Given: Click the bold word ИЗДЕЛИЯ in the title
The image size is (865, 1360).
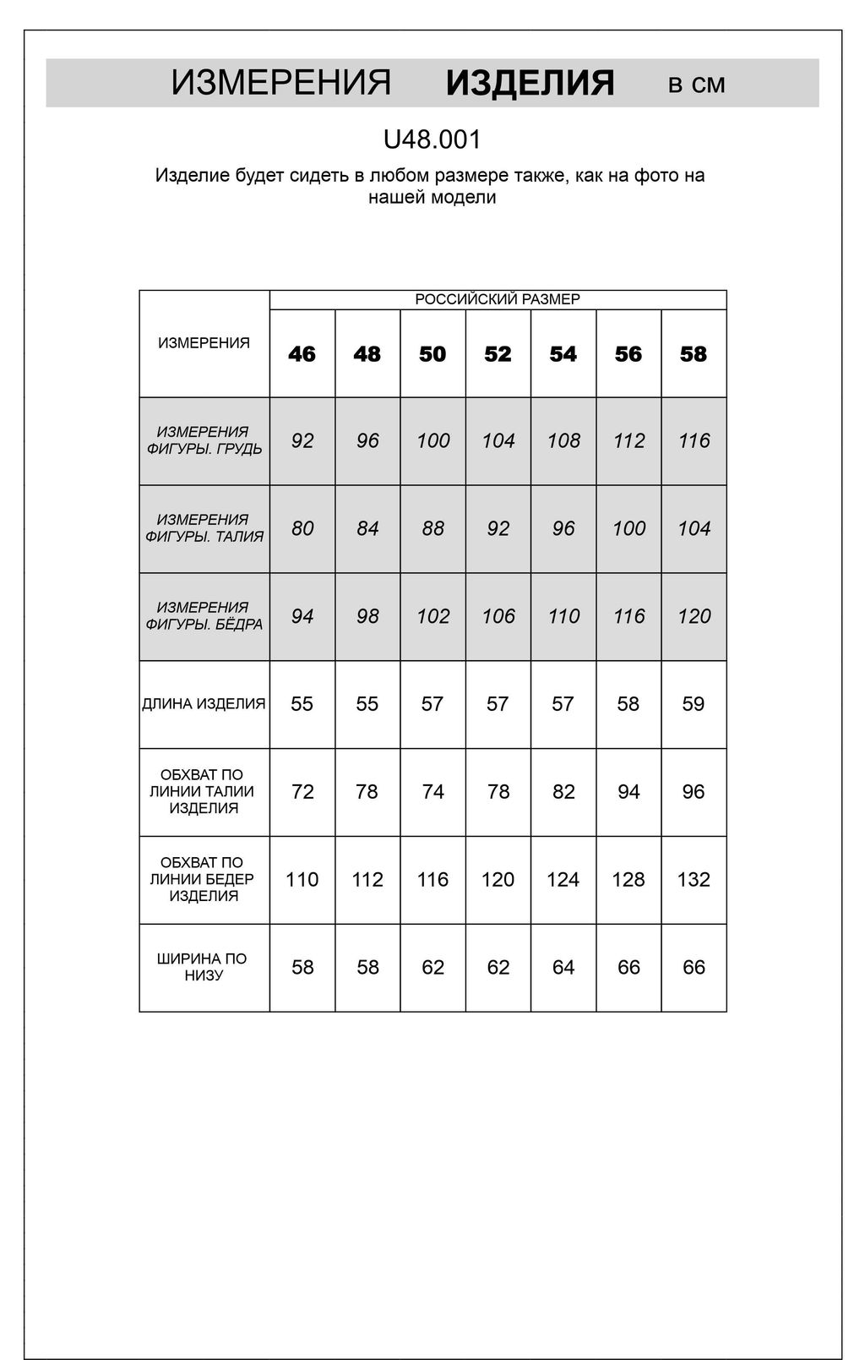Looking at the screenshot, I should [x=530, y=84].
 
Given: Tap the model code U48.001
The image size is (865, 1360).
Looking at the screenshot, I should [x=432, y=139].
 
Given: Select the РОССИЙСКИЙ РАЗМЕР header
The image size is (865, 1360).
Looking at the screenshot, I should [x=498, y=300].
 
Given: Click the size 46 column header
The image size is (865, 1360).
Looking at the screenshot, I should [x=302, y=354].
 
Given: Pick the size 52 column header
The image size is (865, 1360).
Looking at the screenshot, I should [x=498, y=354].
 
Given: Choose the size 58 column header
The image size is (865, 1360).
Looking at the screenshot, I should [x=694, y=354].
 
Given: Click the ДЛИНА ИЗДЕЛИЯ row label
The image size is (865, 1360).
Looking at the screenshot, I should [x=204, y=704].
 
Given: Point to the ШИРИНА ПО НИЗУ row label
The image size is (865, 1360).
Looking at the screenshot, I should [x=203, y=967].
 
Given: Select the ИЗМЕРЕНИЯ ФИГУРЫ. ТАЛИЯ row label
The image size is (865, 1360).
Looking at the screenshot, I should [x=204, y=528].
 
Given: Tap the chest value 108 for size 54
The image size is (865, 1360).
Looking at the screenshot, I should [x=563, y=441].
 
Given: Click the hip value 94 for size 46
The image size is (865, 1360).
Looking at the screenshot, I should [x=302, y=617].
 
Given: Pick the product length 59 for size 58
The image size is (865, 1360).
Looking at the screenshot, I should [x=694, y=704].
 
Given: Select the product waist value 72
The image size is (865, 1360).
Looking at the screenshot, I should [x=302, y=792].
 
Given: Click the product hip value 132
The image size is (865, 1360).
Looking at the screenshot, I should [x=694, y=880].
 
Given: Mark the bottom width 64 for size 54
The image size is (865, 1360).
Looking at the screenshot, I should [x=563, y=968].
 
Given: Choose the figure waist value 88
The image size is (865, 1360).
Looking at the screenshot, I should [x=432, y=529].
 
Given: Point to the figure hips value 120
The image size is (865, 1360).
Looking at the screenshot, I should [x=694, y=617].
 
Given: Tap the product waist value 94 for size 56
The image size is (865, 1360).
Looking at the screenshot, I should [x=628, y=792].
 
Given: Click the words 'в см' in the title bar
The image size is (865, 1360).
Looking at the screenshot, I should [x=696, y=84].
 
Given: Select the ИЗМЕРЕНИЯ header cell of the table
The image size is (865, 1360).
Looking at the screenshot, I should [x=204, y=343].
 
